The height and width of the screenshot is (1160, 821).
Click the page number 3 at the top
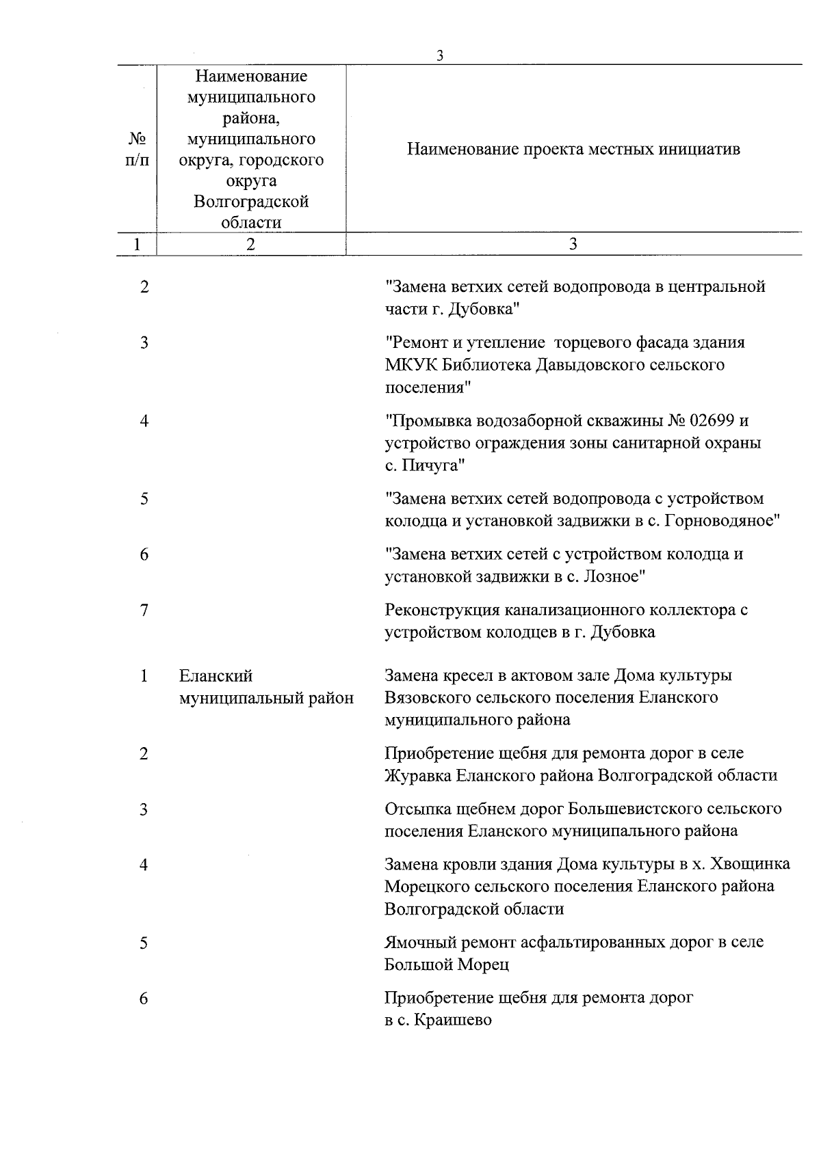point(440,57)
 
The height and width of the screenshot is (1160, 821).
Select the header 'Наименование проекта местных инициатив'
point(573,149)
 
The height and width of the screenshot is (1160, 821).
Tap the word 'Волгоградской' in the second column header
point(251,202)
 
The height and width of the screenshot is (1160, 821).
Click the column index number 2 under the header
point(251,245)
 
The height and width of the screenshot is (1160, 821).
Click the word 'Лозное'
point(611,576)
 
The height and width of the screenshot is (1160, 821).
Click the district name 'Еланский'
point(216,676)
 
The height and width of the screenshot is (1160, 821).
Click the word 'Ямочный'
point(420,943)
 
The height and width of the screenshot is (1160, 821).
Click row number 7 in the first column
point(144,610)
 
